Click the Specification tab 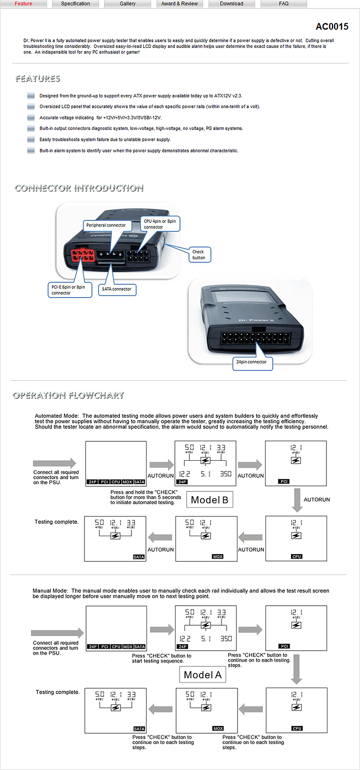coord(75,3)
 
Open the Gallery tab coord(127,3)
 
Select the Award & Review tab coord(179,3)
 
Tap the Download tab coord(231,3)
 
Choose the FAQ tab coord(283,3)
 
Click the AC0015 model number coord(332,26)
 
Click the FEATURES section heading coord(37,78)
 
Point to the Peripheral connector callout coord(106,225)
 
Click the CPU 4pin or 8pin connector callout coord(160,224)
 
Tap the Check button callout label coord(199,255)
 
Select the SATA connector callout coord(117,289)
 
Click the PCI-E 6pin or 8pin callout coord(69,290)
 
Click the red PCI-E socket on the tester coord(81,256)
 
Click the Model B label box coord(210,500)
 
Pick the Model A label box coord(202,675)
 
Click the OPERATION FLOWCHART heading coord(68,395)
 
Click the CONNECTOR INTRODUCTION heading coord(79,188)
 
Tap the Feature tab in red coord(23,3)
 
